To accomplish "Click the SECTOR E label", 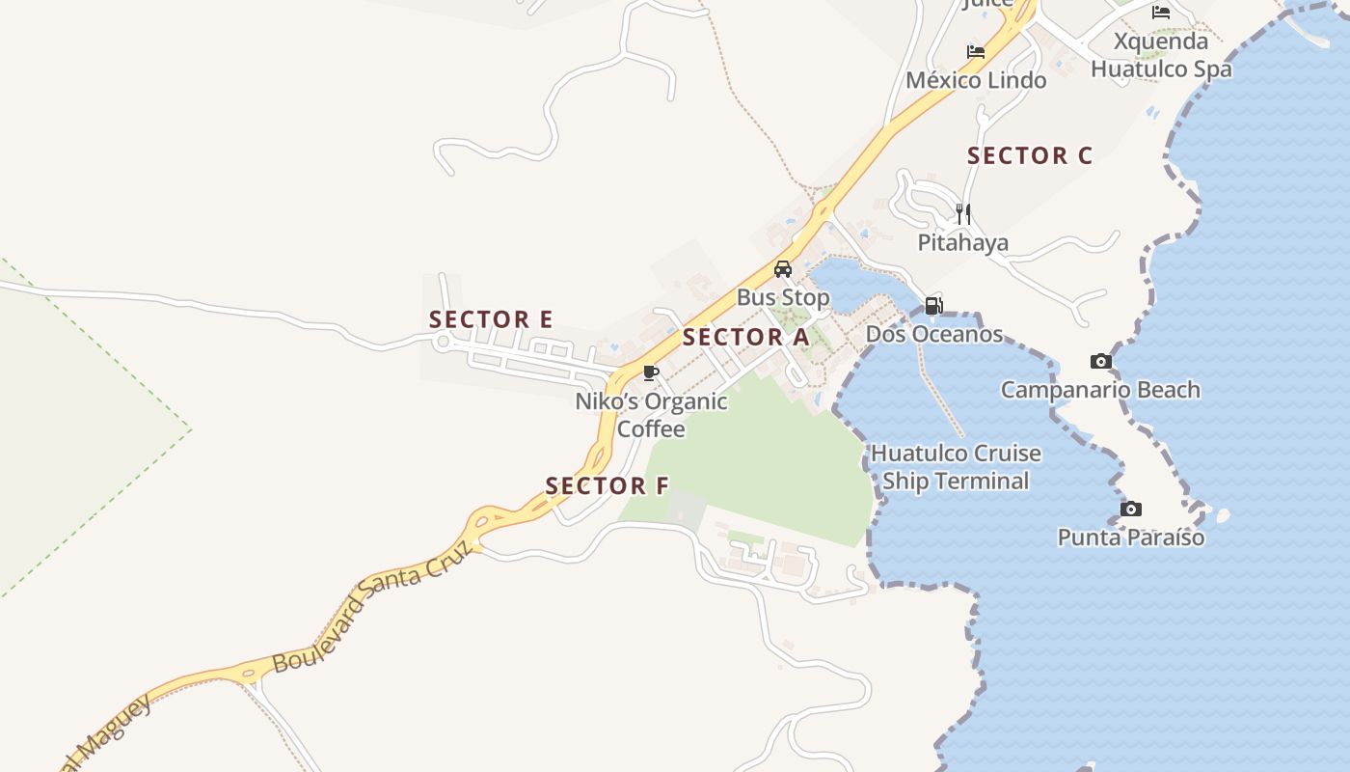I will (491, 319).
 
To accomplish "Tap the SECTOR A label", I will (746, 338).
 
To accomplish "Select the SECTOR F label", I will (607, 485).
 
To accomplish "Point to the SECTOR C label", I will (1030, 155).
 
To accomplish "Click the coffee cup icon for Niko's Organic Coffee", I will (652, 372).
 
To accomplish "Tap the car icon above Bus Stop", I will (783, 269).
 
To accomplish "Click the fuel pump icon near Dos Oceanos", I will (933, 306).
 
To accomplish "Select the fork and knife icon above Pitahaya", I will (963, 213).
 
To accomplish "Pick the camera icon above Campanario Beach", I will (1100, 362).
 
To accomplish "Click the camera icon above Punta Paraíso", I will (1131, 509).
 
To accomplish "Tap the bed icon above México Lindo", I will (976, 52).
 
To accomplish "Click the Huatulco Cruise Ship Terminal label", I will (956, 467).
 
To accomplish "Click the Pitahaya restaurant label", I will (963, 242).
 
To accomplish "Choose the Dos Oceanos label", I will (934, 335).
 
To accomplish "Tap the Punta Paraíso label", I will (1131, 538).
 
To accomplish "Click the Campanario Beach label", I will (1100, 390).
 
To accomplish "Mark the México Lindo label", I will (976, 80).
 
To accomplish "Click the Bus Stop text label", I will (783, 297).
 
